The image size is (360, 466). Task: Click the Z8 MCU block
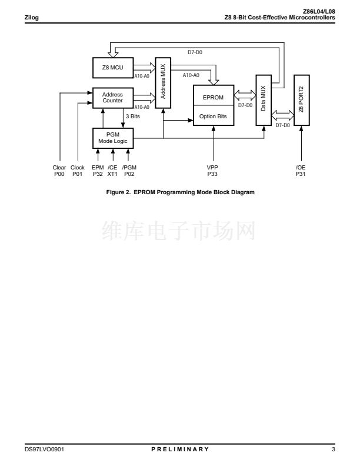click(113, 68)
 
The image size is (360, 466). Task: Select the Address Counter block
click(113, 98)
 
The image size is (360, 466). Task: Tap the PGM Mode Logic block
click(113, 138)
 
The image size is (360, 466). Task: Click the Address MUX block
click(162, 82)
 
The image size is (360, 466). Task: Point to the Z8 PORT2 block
click(301, 100)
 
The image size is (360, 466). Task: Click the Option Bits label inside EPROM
click(213, 116)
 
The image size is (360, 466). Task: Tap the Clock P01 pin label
click(78, 171)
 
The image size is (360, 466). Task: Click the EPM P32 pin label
click(98, 171)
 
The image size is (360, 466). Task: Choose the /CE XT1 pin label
click(113, 171)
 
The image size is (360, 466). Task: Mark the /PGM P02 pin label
click(129, 171)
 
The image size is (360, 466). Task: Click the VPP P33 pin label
click(213, 171)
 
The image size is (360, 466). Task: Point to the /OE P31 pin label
click(301, 171)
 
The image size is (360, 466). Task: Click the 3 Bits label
click(132, 117)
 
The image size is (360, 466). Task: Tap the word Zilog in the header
click(31, 17)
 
